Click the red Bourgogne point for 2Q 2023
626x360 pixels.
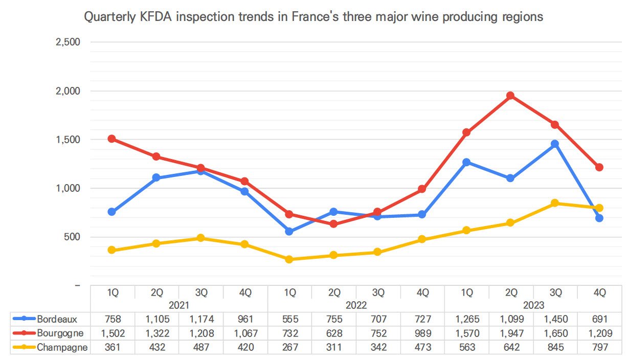(510, 96)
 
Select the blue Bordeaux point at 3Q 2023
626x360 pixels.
(555, 144)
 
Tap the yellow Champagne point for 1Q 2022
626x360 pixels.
(289, 259)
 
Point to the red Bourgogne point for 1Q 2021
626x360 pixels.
(112, 139)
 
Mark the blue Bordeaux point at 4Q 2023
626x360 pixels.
(599, 218)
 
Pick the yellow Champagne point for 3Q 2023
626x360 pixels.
(555, 203)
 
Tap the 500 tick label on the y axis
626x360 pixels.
(71, 237)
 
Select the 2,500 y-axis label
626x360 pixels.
(68, 42)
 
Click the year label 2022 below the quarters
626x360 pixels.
(356, 305)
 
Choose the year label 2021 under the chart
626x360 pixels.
(178, 305)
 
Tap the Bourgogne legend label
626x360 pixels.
(60, 333)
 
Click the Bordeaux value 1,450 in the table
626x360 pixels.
(555, 320)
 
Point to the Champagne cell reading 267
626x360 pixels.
(289, 348)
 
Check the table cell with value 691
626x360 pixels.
(599, 320)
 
